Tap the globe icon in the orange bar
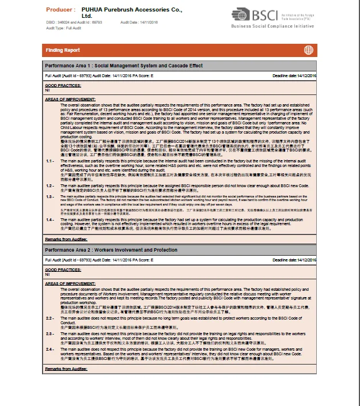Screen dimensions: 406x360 tap(309, 50)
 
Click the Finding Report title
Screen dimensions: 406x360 tap(64, 50)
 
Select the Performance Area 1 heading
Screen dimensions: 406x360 tap(123, 66)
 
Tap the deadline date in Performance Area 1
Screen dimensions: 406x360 tap(294, 75)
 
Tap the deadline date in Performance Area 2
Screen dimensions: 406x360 tap(294, 260)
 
